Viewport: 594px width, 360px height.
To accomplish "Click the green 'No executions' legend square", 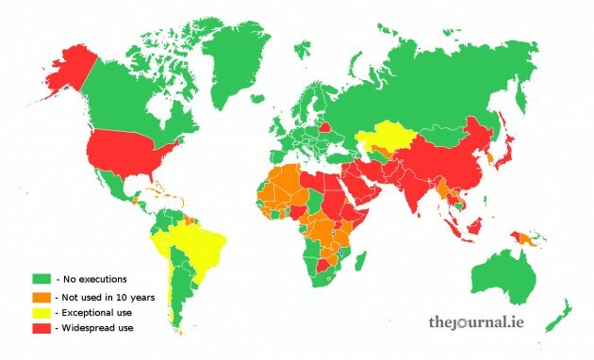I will [40, 279].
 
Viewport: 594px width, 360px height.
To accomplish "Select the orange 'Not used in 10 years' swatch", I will [40, 295].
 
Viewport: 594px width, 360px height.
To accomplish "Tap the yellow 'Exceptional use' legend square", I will [40, 311].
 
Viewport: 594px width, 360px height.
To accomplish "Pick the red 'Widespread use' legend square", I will [40, 327].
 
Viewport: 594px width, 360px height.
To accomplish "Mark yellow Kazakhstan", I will [387, 137].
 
